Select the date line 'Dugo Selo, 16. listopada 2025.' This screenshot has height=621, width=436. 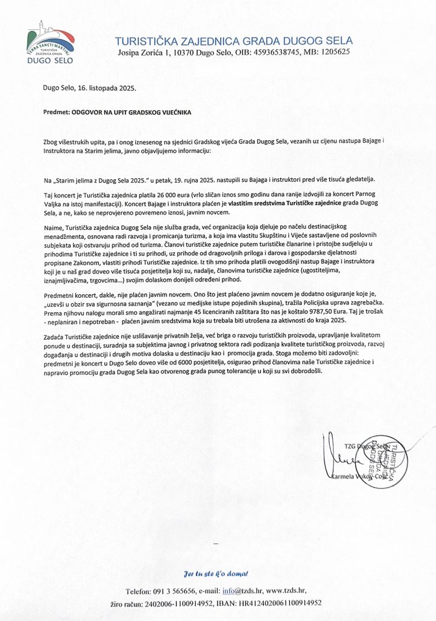click(90, 87)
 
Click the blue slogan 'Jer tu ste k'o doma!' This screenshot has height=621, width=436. click(216, 573)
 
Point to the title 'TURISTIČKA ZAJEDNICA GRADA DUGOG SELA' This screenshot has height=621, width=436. click(233, 41)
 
